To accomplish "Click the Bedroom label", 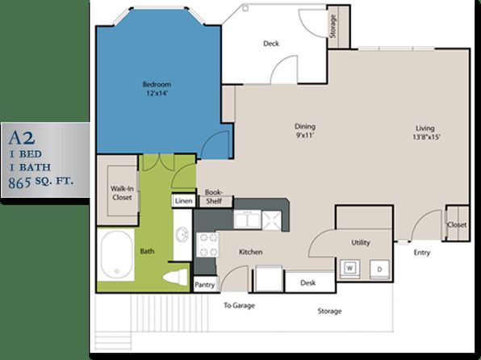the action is tap(157, 84).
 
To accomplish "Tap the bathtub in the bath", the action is tap(116, 254).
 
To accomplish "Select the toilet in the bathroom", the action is tap(175, 277).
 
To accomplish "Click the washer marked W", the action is tap(349, 269).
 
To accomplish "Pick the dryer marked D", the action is tap(379, 270).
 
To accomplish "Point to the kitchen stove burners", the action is tap(207, 245).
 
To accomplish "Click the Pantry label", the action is tap(205, 285).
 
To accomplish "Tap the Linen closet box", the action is tap(184, 201).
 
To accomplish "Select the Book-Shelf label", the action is tap(214, 197).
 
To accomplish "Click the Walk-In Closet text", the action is tap(122, 193).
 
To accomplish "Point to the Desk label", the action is tap(308, 283).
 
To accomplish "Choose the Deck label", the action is tap(271, 44).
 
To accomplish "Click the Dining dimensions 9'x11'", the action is tap(306, 136).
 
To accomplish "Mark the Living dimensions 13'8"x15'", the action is tap(426, 137).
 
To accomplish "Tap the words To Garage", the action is tap(239, 305).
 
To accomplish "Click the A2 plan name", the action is tap(22, 138).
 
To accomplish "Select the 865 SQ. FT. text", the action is tap(41, 182).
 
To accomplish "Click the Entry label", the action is tap(422, 253).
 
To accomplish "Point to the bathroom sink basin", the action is tap(182, 236).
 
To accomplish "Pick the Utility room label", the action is tap(361, 243).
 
